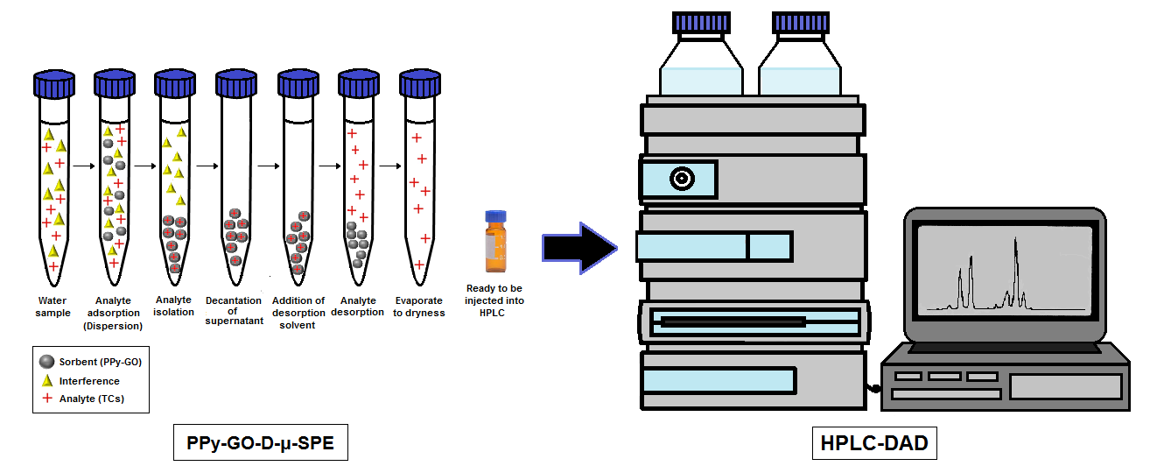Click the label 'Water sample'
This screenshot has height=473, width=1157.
coord(53,306)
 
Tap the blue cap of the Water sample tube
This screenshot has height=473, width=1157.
coord(52,84)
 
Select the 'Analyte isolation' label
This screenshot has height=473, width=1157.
coord(173,306)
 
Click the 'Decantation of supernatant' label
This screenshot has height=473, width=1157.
coord(234,310)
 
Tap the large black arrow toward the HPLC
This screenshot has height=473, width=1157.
coord(578,248)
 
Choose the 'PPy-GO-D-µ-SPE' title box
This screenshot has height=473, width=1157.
coord(260,443)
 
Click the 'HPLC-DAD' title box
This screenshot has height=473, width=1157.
coord(874,443)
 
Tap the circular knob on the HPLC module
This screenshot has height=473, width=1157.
coord(681,179)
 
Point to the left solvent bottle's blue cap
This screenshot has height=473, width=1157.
coord(700,23)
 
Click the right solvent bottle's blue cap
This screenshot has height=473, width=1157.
coord(801,23)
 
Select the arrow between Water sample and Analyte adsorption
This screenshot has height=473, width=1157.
coord(83,165)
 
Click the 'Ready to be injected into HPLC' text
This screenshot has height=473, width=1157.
coord(495,301)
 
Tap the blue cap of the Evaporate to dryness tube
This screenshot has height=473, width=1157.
coord(419,84)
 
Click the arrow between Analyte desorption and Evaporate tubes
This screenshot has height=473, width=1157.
coord(389,165)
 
